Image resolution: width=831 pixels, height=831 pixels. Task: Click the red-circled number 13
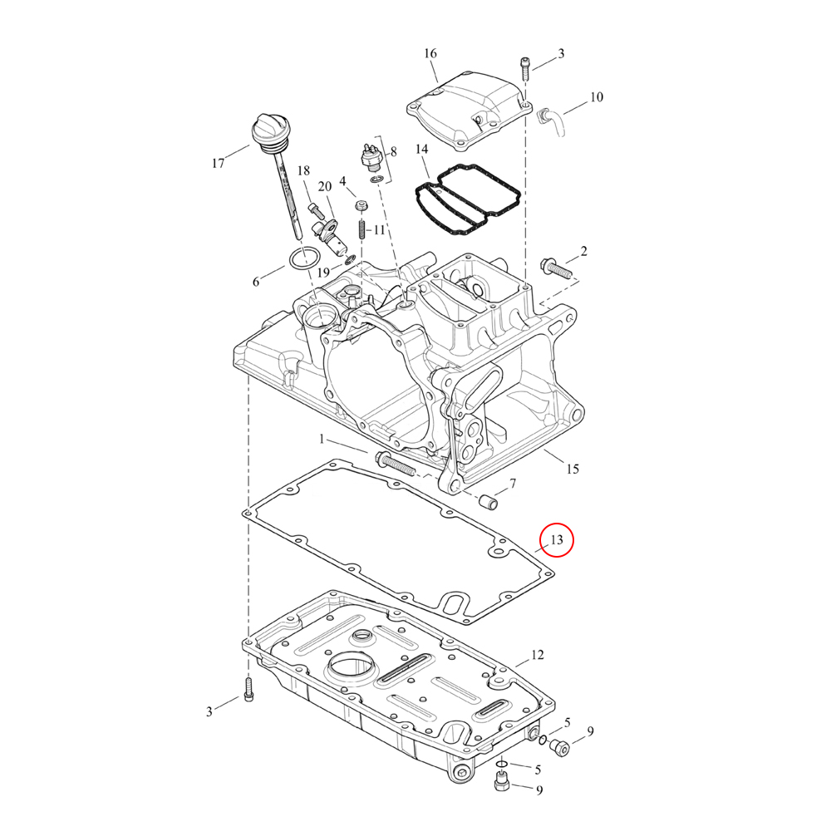[x=557, y=539]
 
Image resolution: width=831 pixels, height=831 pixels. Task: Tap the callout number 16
[x=430, y=53]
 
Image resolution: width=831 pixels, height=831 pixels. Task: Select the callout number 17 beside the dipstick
[x=219, y=163]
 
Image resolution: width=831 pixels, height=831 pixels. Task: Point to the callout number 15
[x=573, y=469]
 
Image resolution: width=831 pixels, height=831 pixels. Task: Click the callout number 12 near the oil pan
[x=538, y=655]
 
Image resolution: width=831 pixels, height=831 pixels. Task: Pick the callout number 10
[x=596, y=97]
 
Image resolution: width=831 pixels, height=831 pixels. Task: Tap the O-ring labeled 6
[x=303, y=259]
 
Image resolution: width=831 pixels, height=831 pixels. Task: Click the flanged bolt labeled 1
[x=395, y=464]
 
